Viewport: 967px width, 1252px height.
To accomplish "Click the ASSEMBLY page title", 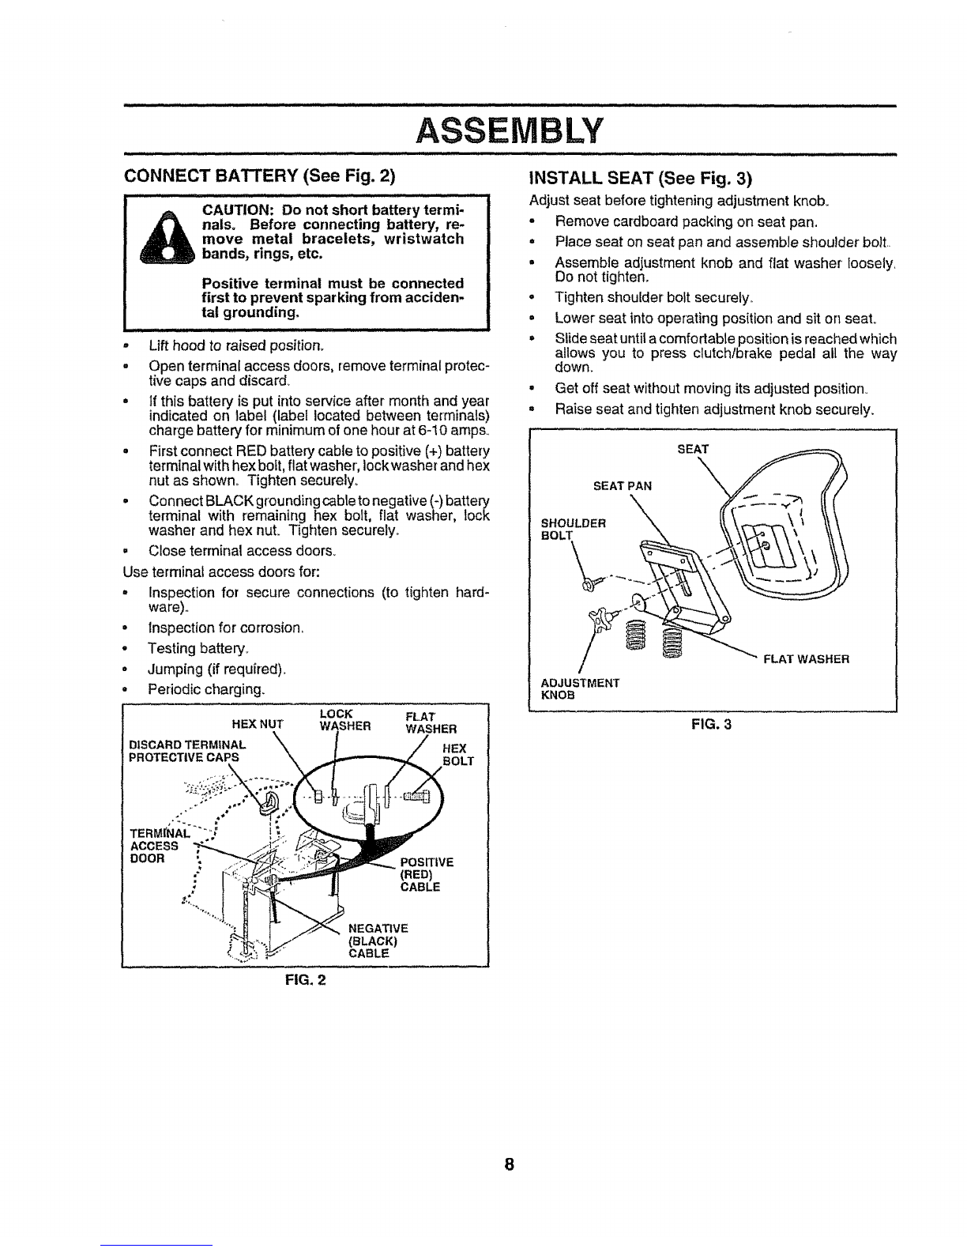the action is [x=510, y=130].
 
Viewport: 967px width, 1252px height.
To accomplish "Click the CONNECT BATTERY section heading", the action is [x=260, y=175].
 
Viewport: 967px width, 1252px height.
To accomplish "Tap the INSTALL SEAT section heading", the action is [x=641, y=178].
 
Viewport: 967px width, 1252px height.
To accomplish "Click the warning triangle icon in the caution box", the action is [x=167, y=237].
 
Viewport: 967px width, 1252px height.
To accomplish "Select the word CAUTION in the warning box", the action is [x=237, y=209].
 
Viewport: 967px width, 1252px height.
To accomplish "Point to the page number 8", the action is [x=509, y=1164].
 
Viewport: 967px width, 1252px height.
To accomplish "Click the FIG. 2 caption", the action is [x=305, y=980].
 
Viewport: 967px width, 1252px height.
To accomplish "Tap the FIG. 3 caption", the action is [x=711, y=725].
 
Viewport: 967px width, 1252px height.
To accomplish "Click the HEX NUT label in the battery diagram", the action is [x=258, y=724].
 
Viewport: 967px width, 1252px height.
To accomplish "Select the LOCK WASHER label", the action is [x=345, y=720].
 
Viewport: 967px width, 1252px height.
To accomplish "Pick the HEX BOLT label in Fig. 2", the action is [x=458, y=755].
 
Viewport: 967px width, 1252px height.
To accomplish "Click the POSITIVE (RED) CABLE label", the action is [x=427, y=875].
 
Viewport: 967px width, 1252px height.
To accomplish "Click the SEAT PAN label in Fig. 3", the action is [x=622, y=486].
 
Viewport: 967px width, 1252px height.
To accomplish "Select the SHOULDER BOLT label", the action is [x=573, y=530].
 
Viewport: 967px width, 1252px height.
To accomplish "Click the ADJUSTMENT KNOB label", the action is [x=580, y=689].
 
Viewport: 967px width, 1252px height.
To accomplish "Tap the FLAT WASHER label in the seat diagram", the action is [x=807, y=659].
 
